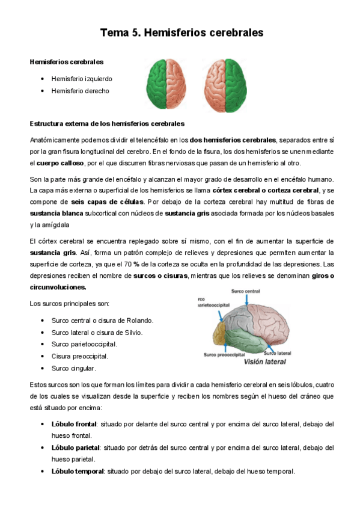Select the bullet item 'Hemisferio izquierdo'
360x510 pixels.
coord(82,79)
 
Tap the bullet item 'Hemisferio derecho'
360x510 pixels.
coord(81,91)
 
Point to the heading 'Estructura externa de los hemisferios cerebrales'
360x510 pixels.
coord(107,123)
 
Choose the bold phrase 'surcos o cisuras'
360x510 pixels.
coord(160,275)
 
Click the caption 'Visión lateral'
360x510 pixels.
coord(264,362)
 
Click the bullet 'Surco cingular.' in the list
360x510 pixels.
coord(74,367)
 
